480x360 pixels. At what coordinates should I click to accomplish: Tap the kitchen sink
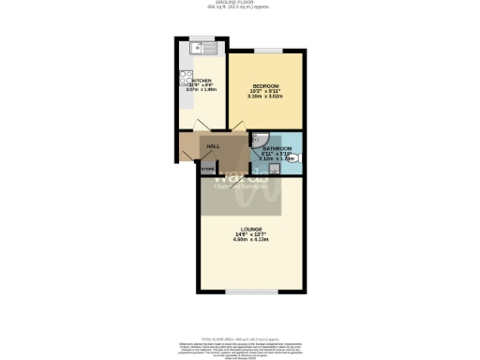tap(200, 46)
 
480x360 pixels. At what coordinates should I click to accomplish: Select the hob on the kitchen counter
tap(187, 81)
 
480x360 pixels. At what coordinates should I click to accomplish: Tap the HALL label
tap(214, 146)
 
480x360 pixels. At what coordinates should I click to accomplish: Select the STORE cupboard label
tap(207, 169)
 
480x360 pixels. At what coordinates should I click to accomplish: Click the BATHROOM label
tap(277, 148)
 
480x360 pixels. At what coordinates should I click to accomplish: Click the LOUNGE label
tap(250, 229)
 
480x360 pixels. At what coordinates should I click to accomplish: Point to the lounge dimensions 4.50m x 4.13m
tap(250, 241)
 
